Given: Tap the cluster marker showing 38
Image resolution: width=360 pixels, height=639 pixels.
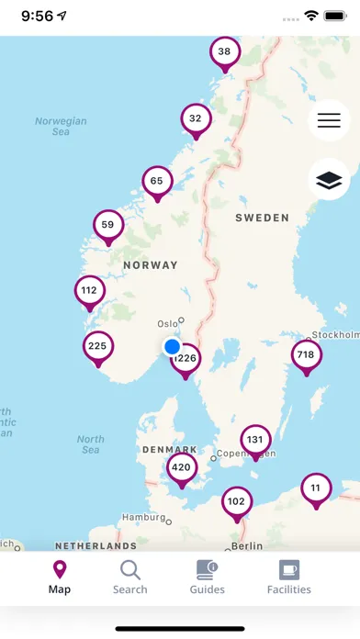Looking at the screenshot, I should pos(224,52).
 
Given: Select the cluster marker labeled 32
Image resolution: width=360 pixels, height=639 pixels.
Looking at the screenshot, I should pos(195,119).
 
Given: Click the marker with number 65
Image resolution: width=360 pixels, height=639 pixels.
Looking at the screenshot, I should pos(157,182).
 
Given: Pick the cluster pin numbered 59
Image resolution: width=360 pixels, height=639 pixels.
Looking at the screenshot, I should pos(108,225).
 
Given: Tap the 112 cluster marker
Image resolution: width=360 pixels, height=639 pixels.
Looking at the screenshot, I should pos(89,291).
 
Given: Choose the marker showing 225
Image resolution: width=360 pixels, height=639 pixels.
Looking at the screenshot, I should pos(97,347).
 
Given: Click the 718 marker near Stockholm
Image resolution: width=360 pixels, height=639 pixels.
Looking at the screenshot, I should pos(306,355).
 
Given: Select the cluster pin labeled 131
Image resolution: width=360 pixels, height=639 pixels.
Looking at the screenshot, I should pos(255,440).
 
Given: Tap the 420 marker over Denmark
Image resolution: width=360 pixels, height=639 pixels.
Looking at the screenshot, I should pos(182,468).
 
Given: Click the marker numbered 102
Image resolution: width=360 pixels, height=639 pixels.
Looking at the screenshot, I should pos(237,502).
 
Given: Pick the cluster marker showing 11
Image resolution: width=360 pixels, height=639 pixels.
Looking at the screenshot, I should pos(316,488).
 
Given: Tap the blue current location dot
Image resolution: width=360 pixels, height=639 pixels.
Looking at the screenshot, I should pos(172,347).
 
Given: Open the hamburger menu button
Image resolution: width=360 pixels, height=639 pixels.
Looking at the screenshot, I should pos(329,120).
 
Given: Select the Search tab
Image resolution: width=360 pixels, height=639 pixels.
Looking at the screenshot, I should pos(129,577).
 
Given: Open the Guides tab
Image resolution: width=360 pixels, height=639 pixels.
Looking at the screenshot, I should pos(207,577).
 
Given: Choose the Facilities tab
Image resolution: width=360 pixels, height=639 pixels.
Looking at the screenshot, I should pos(288,577).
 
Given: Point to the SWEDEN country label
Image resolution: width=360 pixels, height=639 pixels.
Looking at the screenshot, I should pos(262,219).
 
